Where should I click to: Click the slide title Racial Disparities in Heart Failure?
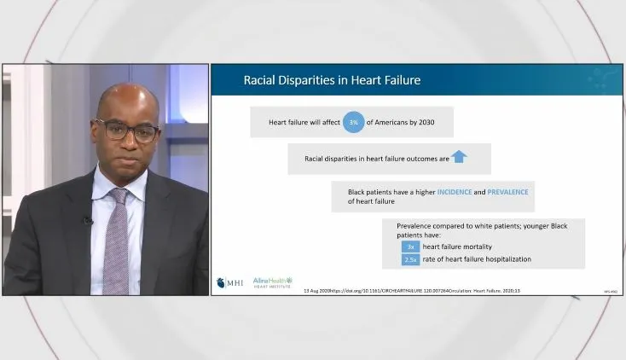pyautogui.click(x=332, y=81)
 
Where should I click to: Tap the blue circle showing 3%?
pyautogui.click(x=354, y=123)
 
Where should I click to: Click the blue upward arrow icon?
pyautogui.click(x=459, y=157)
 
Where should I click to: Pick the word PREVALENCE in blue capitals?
pyautogui.click(x=507, y=192)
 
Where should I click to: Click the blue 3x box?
pyautogui.click(x=410, y=247)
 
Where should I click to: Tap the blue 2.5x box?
pyautogui.click(x=410, y=259)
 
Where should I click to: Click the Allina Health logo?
pyautogui.click(x=272, y=282)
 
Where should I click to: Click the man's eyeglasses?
pyautogui.click(x=128, y=131)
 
